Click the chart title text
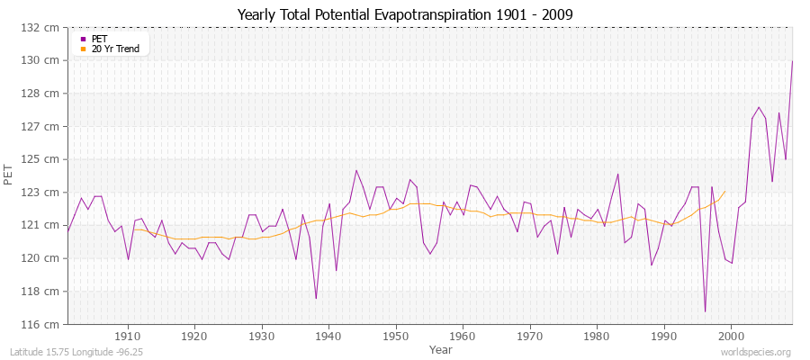pos(404,14)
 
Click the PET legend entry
pos(98,39)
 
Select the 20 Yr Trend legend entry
pos(115,49)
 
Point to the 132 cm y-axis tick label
pos(43,28)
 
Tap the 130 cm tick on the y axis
pos(43,60)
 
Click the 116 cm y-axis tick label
pos(43,324)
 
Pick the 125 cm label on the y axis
pos(43,159)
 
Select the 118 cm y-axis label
pos(43,292)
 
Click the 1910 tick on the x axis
pos(128,336)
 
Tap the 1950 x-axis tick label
pos(396,336)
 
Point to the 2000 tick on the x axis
pos(731,336)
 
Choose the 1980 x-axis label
pos(597,336)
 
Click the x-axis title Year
pos(441,348)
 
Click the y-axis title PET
pos(9,175)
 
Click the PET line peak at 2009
pos(792,61)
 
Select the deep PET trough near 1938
pos(316,298)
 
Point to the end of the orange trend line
pos(724,191)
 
